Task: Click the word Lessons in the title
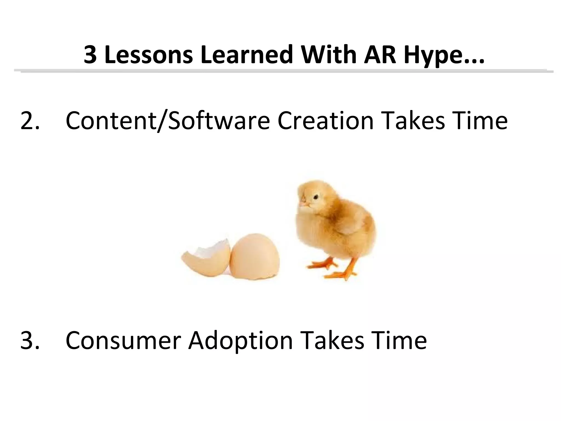[x=148, y=55]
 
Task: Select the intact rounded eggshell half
[x=255, y=256]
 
